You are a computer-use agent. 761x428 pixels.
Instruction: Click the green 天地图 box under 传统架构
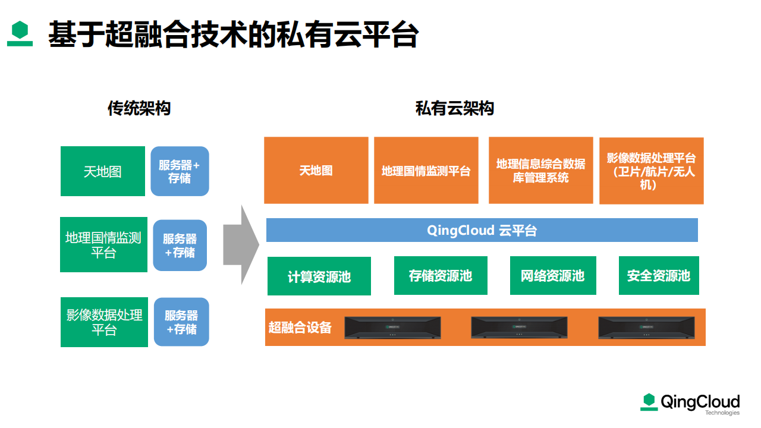tap(103, 171)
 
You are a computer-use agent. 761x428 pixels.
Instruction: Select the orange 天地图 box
tap(316, 170)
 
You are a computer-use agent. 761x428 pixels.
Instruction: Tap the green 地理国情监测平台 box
tap(103, 244)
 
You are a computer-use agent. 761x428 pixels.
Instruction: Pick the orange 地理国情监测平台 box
tap(426, 170)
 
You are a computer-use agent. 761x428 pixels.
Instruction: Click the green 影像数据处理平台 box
tap(104, 322)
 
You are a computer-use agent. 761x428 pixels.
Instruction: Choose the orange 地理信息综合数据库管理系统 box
tap(541, 170)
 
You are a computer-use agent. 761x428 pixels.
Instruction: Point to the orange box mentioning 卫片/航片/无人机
tap(651, 171)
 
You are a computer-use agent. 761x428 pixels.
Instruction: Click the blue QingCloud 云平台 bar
tap(482, 230)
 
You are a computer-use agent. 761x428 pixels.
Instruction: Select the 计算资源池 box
tap(319, 276)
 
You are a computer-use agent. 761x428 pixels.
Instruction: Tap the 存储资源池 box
tap(441, 275)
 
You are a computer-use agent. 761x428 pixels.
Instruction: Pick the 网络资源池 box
tap(553, 275)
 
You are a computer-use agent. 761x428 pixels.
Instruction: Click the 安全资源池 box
tap(659, 275)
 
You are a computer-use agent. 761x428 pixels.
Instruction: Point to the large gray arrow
tap(241, 244)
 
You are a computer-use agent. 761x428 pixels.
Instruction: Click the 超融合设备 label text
tap(300, 328)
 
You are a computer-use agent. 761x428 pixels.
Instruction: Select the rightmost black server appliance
tap(646, 328)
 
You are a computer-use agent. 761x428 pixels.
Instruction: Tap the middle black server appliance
tap(519, 328)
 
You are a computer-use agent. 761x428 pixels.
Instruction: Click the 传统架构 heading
tap(139, 108)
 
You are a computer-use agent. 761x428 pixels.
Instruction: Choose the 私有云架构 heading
tap(455, 108)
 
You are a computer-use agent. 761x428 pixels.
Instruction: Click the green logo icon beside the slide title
tap(20, 33)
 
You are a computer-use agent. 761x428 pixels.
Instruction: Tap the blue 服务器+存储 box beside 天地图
tap(180, 171)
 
